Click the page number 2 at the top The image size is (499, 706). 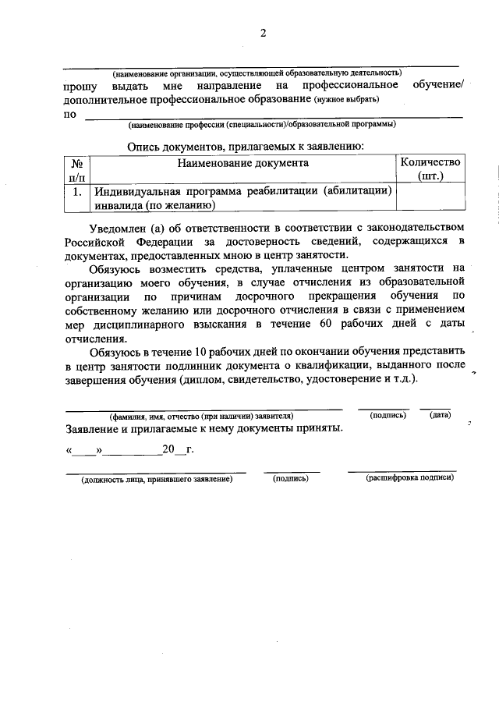click(263, 33)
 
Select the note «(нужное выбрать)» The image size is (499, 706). click(347, 100)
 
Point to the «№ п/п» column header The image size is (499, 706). click(77, 170)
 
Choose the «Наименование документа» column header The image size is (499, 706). click(242, 163)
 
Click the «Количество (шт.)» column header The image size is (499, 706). click(430, 170)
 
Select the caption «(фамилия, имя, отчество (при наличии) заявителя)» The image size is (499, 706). click(201, 416)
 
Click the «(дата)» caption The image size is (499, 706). click(440, 415)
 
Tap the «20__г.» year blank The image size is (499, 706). click(178, 450)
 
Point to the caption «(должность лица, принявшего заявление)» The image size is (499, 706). click(157, 479)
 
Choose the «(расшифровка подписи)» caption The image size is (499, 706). click(409, 477)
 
